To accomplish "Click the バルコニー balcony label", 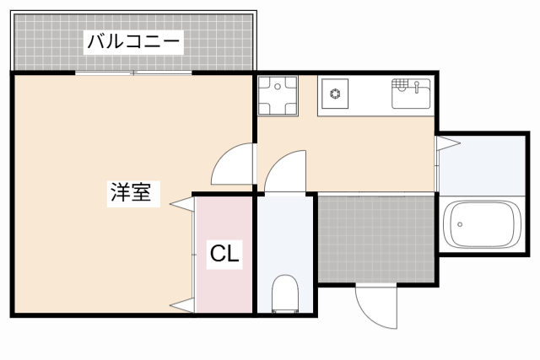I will [133, 41].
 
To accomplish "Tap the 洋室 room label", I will [130, 193].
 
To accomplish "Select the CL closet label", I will [225, 253].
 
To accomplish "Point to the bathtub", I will [481, 225].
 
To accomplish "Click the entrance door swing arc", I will [375, 306].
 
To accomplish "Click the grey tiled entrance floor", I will [377, 238].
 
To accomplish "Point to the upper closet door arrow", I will [181, 202].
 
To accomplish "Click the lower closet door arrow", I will [181, 304].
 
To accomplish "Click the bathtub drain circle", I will [459, 225].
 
